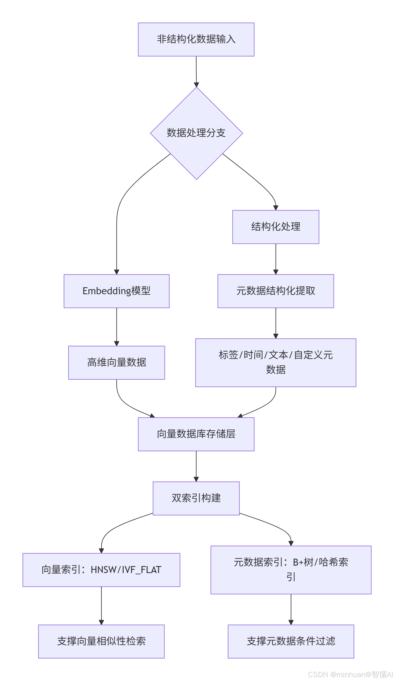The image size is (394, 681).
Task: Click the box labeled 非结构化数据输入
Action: pos(196,39)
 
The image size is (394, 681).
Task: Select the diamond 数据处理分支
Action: pos(196,133)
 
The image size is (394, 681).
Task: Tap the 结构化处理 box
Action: pos(275,227)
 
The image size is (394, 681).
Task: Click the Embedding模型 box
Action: pos(116,291)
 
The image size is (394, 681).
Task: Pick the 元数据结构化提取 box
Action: pos(275,291)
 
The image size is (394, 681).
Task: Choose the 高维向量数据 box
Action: pos(116,362)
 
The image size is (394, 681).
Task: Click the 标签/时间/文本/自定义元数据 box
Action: pos(275,362)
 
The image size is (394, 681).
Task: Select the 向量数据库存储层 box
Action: pos(196,434)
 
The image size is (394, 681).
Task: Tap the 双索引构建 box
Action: pos(196,498)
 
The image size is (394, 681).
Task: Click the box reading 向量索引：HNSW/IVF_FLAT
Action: pos(101,570)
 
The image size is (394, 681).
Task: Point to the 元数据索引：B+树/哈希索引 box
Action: pos(291,570)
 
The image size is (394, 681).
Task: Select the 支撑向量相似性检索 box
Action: pos(101,641)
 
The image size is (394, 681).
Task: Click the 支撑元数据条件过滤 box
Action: pos(291,641)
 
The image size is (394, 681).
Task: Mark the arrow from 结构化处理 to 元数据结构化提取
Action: pos(276,259)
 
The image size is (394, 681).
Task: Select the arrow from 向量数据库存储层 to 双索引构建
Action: pos(196,466)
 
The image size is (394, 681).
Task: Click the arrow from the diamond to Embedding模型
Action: pos(117,230)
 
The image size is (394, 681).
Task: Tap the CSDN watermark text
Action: pos(350,674)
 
